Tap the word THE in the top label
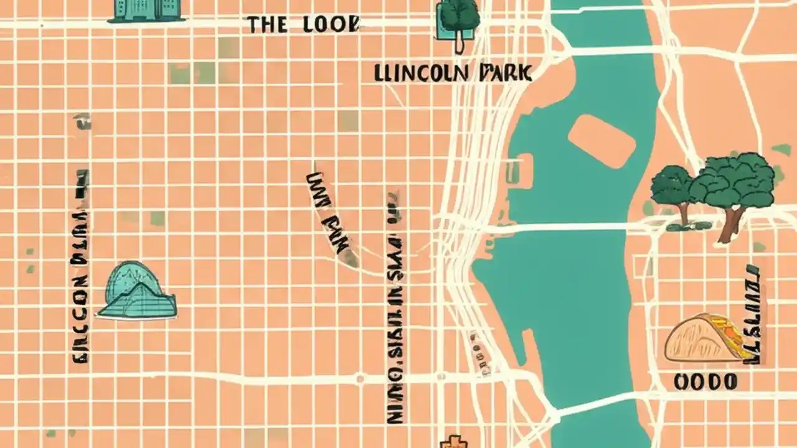tap(267, 25)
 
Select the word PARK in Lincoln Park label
tap(504, 73)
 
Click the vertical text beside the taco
tap(753, 314)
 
